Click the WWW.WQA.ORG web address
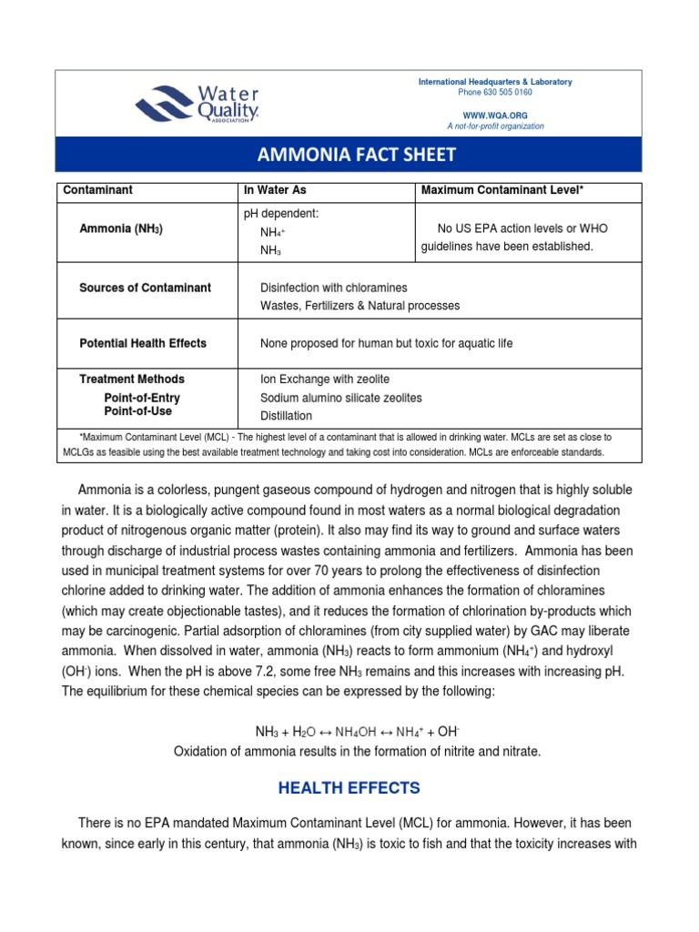[x=495, y=115]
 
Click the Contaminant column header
[x=97, y=190]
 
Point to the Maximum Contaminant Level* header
[x=500, y=190]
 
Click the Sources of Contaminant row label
[x=146, y=288]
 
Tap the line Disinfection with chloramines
[x=334, y=288]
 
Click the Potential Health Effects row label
[x=143, y=343]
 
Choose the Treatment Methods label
[x=132, y=379]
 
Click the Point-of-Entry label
[x=142, y=398]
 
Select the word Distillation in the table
[x=286, y=416]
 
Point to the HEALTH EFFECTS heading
[x=349, y=787]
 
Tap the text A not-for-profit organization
[x=495, y=127]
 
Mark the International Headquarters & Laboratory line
[x=495, y=82]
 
